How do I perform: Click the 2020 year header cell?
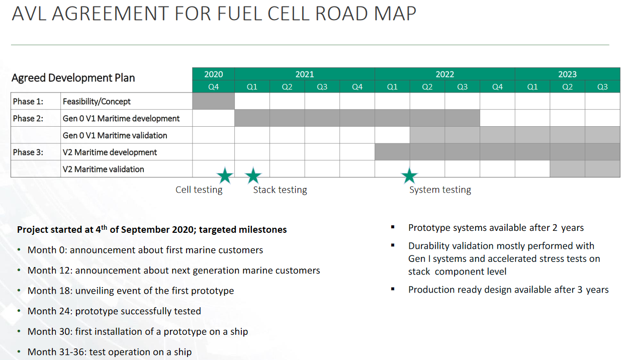[213, 74]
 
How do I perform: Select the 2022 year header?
[444, 74]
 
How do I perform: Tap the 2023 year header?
[567, 74]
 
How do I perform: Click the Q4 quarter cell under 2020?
[213, 87]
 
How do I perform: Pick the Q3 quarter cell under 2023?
[602, 87]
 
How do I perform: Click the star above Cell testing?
[225, 176]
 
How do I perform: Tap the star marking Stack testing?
[253, 176]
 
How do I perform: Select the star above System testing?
[409, 176]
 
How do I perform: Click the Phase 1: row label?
[28, 102]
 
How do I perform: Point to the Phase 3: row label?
[28, 152]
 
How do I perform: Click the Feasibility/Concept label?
[97, 102]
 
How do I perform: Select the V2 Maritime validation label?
[103, 169]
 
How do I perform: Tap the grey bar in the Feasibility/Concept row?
[213, 101]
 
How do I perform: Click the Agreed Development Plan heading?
[73, 78]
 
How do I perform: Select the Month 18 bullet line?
[131, 291]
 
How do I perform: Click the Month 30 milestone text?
[138, 331]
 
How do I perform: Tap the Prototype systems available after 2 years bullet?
[496, 228]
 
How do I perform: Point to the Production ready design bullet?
[508, 290]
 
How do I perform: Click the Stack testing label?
[280, 190]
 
